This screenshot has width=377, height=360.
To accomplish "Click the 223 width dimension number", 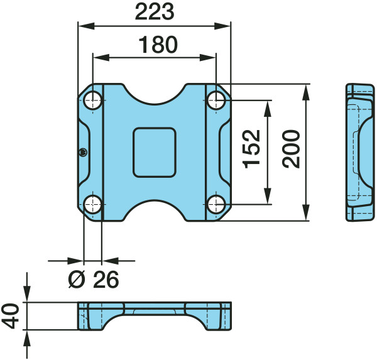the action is tap(155, 12).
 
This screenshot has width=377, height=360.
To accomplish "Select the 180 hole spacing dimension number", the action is tap(158, 45).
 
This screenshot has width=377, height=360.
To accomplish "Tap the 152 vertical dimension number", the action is tap(251, 149).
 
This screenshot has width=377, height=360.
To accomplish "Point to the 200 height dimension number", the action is tap(291, 149).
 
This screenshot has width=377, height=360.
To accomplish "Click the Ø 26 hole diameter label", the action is tap(94, 280).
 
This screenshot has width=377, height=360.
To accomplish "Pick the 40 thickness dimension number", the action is tap(10, 316).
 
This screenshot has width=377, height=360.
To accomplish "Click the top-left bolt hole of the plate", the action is tap(93, 101).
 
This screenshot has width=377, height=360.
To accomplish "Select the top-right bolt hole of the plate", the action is tap(216, 101).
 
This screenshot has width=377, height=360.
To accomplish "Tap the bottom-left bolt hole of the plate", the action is tap(93, 204).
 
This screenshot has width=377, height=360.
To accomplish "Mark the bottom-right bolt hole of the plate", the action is tap(216, 204).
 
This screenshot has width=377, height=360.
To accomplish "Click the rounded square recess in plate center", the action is tap(155, 153).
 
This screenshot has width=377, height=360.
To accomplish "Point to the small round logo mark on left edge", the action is tap(83, 153).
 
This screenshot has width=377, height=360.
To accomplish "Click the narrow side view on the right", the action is tap(360, 152).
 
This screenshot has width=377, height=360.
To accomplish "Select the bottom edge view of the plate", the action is tap(155, 316).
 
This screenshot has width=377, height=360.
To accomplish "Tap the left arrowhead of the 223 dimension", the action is tap(86, 26).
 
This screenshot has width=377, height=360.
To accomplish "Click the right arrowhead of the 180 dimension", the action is tap(208, 58).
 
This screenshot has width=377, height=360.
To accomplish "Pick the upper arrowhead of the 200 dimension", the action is tap(305, 92).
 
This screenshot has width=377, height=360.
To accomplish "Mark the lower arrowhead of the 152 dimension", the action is tap(268, 196).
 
